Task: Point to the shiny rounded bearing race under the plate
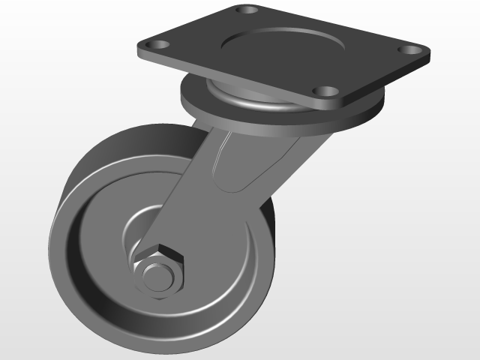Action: click(x=247, y=101)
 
